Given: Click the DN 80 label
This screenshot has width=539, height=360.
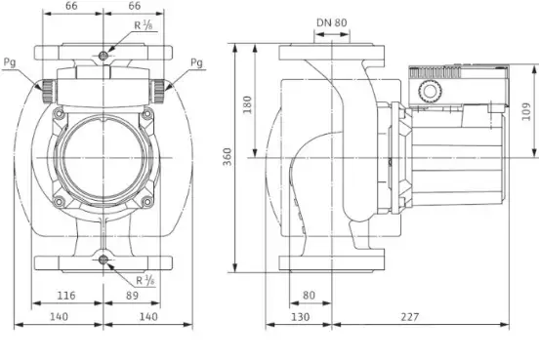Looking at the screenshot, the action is pyautogui.click(x=332, y=22).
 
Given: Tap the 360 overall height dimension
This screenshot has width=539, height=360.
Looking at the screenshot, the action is pyautogui.click(x=228, y=157).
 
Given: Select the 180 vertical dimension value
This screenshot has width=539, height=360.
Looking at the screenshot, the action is pyautogui.click(x=247, y=104).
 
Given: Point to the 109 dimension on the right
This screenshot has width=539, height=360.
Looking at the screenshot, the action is pyautogui.click(x=526, y=111).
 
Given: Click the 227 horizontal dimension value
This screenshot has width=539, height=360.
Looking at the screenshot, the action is pyautogui.click(x=410, y=316).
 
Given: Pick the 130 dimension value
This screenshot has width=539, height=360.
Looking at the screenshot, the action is pyautogui.click(x=300, y=316).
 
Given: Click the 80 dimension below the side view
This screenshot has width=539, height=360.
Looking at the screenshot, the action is pyautogui.click(x=309, y=295).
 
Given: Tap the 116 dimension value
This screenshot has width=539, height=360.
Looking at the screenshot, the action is pyautogui.click(x=65, y=295).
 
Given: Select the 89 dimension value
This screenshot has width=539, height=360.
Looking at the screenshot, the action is pyautogui.click(x=132, y=295).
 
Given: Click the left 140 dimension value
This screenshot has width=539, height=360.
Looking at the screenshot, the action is pyautogui.click(x=59, y=316).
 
